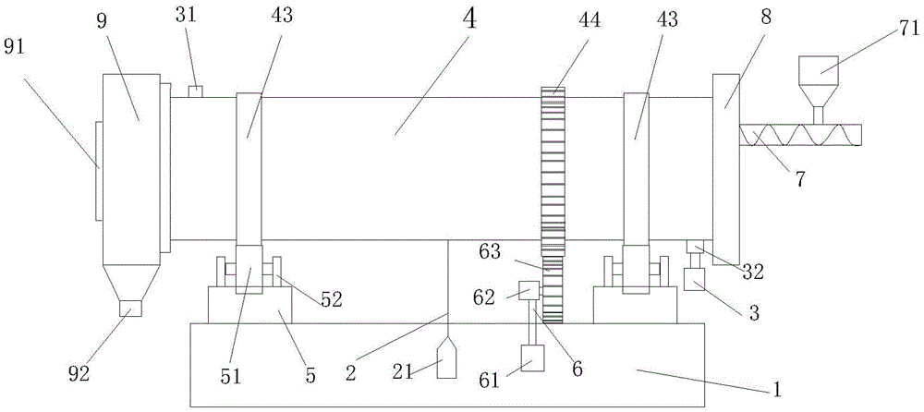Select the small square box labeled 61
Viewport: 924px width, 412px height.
(x=533, y=357)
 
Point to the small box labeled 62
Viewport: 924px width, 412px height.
(x=529, y=290)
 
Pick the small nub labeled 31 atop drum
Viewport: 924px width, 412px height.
(x=195, y=91)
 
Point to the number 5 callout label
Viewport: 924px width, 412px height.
(x=310, y=375)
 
